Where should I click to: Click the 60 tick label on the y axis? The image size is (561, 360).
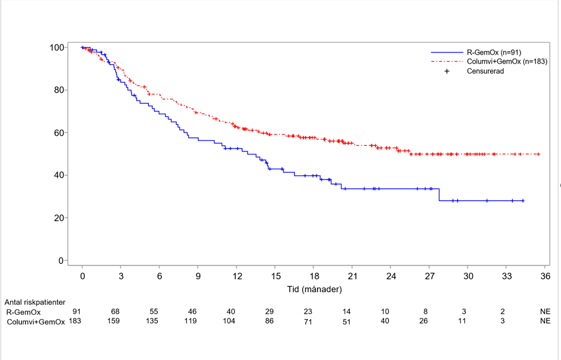59,132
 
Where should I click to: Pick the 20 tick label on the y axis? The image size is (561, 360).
59,218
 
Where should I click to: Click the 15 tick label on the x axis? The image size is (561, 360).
275,276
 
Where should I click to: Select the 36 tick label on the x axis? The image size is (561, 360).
545,276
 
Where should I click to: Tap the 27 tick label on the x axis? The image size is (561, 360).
429,276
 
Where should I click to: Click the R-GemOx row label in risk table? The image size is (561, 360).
24,312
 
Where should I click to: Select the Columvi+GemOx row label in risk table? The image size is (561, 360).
36,321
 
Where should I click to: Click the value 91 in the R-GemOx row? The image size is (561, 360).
77,312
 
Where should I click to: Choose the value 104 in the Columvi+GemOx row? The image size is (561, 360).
230,321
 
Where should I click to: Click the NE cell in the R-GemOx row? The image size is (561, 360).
545,312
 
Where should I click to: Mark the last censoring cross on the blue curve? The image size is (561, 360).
523,201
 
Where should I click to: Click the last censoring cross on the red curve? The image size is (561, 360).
538,154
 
